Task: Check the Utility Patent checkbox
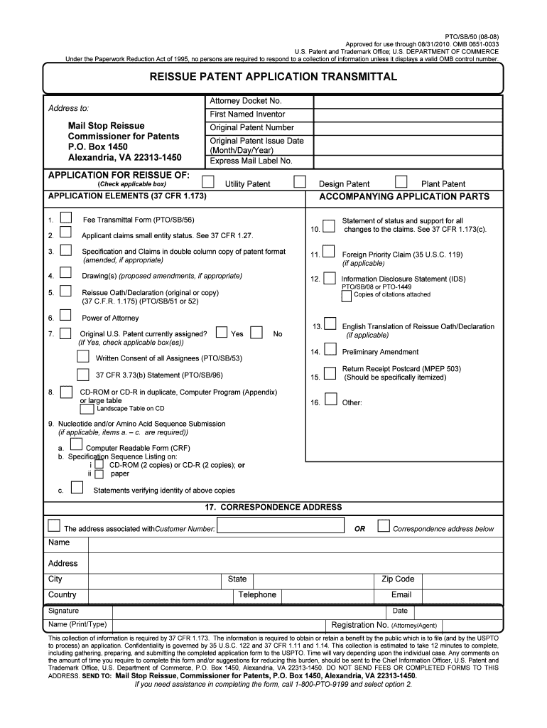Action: point(207,181)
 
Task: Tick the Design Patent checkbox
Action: point(300,181)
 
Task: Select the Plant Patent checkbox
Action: point(401,181)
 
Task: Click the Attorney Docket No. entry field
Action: point(408,102)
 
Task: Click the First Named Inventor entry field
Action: point(408,114)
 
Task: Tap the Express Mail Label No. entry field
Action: point(408,161)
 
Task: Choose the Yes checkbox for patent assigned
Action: point(222,332)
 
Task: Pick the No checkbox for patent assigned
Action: point(256,332)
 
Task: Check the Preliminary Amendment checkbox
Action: point(330,349)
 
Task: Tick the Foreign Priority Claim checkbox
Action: point(330,252)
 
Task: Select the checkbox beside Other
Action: point(330,399)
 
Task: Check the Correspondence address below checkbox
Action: point(384,526)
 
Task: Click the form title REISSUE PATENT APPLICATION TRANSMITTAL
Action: point(273,76)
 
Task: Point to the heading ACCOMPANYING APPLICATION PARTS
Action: point(404,196)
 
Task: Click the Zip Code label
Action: point(398,579)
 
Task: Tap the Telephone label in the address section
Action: point(257,595)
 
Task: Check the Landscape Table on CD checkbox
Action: point(87,409)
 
